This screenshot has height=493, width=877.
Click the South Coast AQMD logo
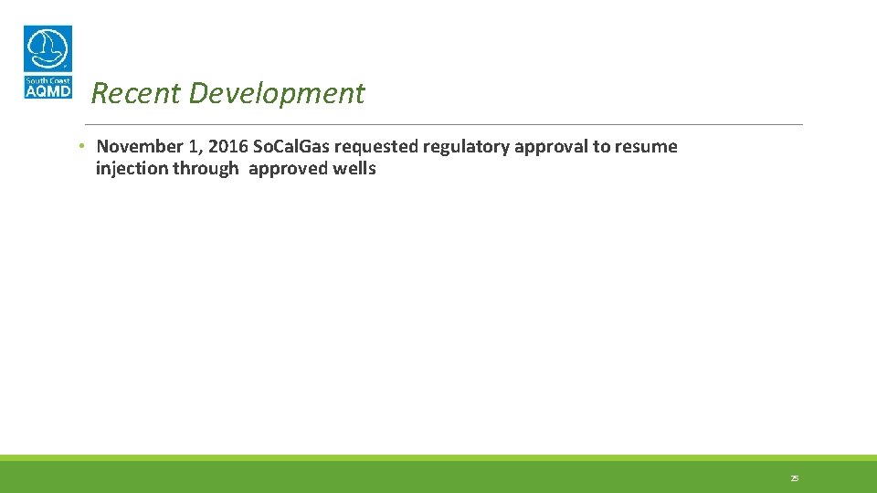(48, 62)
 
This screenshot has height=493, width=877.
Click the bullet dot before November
(81, 146)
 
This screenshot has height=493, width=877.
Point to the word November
(140, 147)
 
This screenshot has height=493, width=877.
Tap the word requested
(375, 147)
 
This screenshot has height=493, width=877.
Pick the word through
(205, 169)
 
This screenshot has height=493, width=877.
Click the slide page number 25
(794, 478)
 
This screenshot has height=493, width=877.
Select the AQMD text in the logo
(48, 90)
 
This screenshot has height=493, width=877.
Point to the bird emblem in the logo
(48, 48)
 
